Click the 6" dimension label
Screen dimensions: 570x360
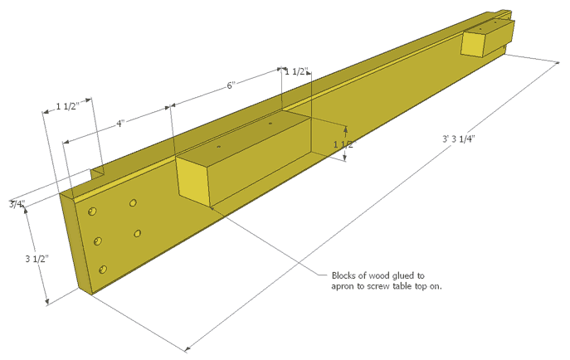[231, 85]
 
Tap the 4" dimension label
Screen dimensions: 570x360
[120, 124]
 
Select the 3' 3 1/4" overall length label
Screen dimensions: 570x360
[459, 139]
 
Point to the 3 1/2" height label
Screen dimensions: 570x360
[37, 259]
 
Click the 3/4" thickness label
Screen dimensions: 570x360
[17, 204]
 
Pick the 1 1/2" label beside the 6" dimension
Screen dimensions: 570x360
[296, 72]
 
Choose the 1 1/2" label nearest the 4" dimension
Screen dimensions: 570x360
[67, 106]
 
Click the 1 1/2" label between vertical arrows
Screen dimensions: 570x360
[343, 144]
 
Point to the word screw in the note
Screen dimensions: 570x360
[378, 286]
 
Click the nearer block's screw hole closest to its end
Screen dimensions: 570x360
[219, 147]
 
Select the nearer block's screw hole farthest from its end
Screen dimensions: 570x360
[270, 124]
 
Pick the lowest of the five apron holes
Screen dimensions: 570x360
[103, 270]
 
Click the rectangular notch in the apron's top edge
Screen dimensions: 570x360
[97, 173]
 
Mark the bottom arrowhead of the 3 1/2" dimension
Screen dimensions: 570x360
[46, 301]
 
